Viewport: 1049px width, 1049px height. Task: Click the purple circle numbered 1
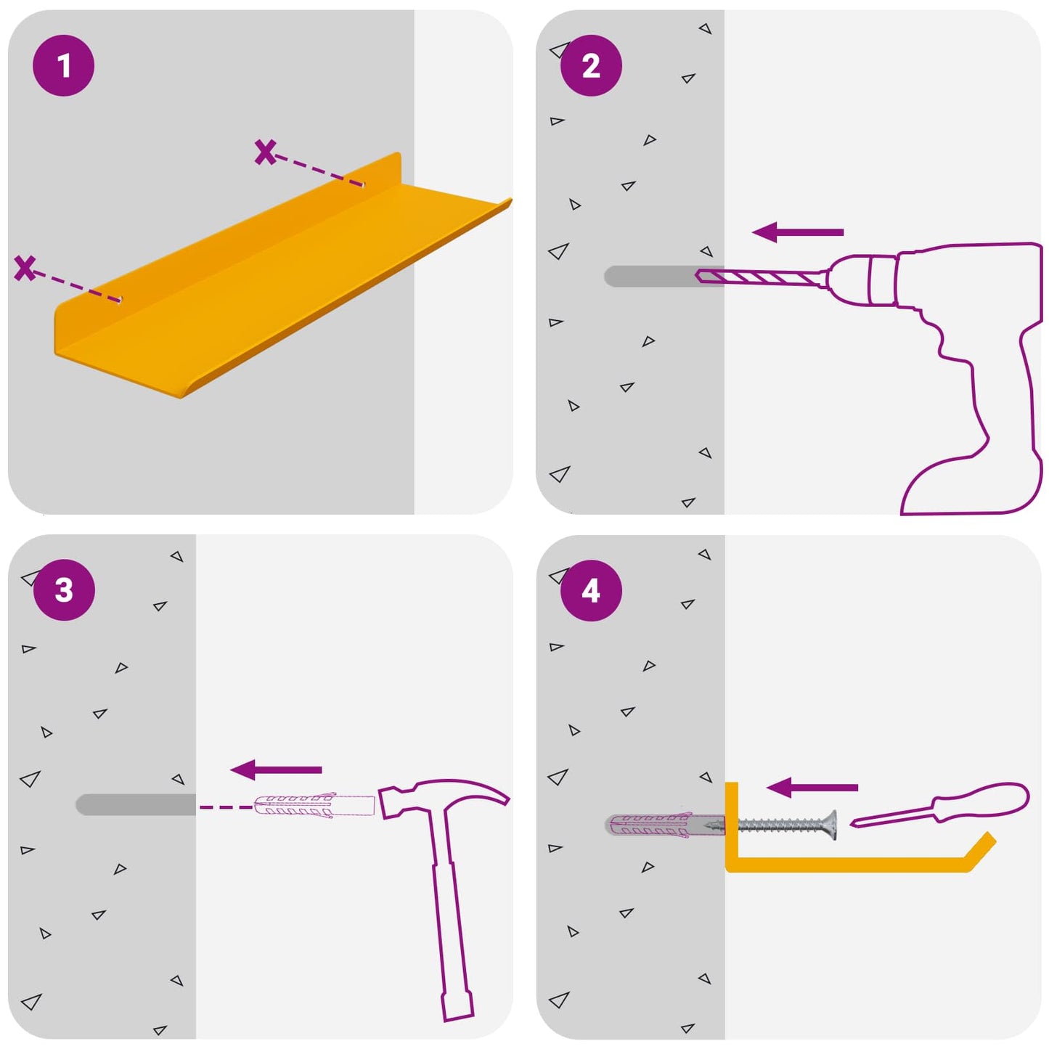(x=64, y=66)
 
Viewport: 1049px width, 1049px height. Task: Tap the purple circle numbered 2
(x=591, y=66)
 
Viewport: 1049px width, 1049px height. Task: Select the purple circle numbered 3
(x=64, y=590)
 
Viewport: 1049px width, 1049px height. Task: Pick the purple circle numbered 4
(x=591, y=591)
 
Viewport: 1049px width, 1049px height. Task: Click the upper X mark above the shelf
(x=265, y=152)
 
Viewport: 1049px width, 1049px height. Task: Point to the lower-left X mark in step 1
(x=25, y=269)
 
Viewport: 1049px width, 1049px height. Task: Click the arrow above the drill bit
(x=797, y=232)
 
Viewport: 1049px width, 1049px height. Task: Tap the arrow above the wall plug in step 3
(x=275, y=770)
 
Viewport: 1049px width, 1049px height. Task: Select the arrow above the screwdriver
(x=812, y=788)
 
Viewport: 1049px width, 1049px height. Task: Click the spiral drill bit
(x=762, y=277)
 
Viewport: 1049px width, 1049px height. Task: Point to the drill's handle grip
(x=980, y=414)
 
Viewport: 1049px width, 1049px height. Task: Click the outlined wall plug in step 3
(x=314, y=807)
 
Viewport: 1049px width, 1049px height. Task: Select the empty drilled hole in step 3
(x=136, y=804)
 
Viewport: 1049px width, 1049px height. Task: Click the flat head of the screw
(x=831, y=825)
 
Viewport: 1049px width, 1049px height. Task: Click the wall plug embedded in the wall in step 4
(x=665, y=825)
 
